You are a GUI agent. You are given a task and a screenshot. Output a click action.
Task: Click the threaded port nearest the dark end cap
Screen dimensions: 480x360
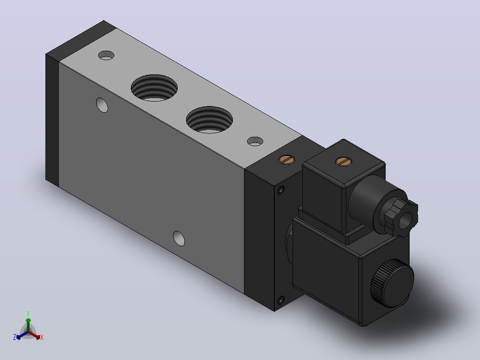coord(154,88)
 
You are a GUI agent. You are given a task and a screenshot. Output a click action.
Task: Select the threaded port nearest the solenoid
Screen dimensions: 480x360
coord(209,120)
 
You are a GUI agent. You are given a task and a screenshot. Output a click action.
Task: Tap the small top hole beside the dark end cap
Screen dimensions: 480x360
coord(106,55)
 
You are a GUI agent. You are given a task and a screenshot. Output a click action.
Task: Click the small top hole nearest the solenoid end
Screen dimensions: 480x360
coord(255,141)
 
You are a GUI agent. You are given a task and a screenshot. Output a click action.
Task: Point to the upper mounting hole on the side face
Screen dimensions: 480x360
coord(102,105)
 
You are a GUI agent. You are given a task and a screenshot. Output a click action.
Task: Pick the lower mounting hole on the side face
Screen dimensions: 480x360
coord(179,238)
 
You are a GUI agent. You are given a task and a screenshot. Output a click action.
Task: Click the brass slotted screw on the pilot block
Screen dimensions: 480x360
coord(287,160)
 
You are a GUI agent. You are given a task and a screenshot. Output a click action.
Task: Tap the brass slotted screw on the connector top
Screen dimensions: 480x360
coord(343,161)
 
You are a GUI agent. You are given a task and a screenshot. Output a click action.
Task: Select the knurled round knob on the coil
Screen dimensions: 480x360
coord(392,283)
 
